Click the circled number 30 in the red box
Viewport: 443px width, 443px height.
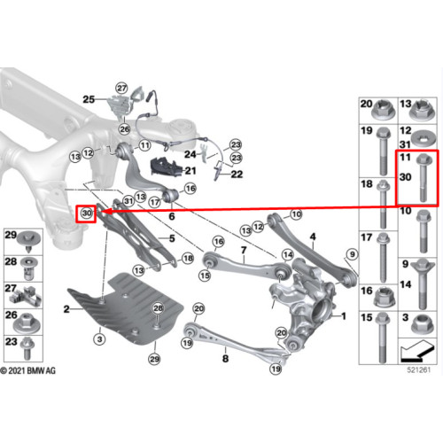click(x=87, y=213)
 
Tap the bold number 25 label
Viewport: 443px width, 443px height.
click(x=89, y=99)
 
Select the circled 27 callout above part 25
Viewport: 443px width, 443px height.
click(x=121, y=88)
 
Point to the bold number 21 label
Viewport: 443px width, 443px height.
click(x=190, y=170)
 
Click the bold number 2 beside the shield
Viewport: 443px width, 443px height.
click(x=66, y=309)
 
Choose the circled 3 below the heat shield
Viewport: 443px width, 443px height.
click(x=99, y=339)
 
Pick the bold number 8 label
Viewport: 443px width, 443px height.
click(x=225, y=359)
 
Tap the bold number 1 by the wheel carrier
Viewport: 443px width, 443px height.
click(x=344, y=316)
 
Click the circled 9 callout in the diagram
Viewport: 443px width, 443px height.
click(x=352, y=254)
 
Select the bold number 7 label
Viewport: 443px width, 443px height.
click(x=244, y=250)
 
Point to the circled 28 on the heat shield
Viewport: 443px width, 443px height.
click(x=158, y=308)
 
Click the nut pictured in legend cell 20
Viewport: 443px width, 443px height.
click(x=383, y=111)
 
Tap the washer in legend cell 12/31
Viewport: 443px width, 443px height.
click(x=423, y=138)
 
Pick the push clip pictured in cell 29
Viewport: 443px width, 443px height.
click(x=28, y=242)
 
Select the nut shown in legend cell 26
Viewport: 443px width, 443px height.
click(x=26, y=323)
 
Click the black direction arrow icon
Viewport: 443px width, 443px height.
click(x=417, y=353)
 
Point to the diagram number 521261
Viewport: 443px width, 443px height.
click(x=419, y=370)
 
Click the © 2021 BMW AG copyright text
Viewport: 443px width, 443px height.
click(x=28, y=370)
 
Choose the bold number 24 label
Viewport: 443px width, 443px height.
click(x=190, y=154)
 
